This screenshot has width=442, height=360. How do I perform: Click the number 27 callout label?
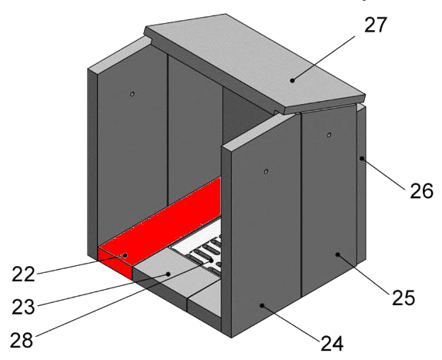pos(376,25)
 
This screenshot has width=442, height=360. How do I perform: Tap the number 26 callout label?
pos(421,191)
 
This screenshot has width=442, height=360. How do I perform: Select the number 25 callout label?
pos(403,298)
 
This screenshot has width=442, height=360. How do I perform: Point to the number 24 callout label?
pos(332,343)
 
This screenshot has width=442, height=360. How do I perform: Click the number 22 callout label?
pos(23,274)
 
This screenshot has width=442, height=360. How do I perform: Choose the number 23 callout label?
pos(23,307)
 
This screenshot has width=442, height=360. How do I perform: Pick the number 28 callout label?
pos(22,340)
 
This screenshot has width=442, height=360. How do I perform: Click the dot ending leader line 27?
pos(293,81)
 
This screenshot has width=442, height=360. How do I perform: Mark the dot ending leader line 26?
pos(362,159)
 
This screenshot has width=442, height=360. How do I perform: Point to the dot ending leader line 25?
pos(337,254)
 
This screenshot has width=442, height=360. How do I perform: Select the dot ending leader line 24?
pos(262,305)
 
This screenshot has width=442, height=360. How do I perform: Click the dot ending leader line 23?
pos(169,274)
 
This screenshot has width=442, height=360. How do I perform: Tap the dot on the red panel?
pos(126,255)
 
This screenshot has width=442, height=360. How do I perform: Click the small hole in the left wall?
pos(132,94)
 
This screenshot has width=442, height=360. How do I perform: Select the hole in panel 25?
pos(329,135)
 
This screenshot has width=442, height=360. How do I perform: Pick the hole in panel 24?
pos(266,171)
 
